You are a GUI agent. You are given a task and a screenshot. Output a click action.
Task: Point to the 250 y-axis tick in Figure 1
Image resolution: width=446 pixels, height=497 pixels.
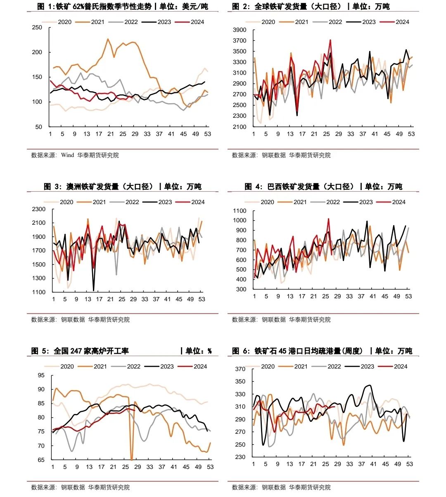[37, 28]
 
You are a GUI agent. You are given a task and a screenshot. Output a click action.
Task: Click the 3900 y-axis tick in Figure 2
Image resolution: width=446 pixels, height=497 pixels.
[240, 30]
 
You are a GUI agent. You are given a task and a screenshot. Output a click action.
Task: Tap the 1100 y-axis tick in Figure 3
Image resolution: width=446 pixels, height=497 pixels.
[38, 292]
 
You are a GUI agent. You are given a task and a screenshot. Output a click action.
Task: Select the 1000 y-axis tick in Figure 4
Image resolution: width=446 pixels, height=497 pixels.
[240, 221]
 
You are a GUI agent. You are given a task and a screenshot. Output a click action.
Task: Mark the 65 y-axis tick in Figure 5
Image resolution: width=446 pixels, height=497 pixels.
[41, 460]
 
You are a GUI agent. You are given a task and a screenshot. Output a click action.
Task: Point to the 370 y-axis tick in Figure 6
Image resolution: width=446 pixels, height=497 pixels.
[240, 369]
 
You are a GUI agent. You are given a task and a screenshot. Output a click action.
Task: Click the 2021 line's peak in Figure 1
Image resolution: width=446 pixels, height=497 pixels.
[108, 39]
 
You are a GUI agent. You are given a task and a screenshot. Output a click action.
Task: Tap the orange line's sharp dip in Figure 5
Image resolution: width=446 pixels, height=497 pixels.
[131, 459]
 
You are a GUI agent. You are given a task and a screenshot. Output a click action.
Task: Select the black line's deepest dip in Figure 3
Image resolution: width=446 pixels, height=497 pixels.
[94, 290]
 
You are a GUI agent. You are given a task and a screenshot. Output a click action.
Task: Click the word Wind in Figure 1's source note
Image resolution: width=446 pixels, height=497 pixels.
[67, 155]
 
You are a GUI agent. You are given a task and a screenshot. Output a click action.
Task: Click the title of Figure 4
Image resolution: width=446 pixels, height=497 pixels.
[323, 187]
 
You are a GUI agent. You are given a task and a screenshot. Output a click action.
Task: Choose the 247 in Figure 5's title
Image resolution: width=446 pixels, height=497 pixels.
[76, 351]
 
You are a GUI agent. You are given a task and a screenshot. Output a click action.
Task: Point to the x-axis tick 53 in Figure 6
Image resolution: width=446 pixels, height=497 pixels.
[409, 464]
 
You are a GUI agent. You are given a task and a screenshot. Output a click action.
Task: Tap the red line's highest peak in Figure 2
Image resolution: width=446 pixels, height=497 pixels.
[330, 40]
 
